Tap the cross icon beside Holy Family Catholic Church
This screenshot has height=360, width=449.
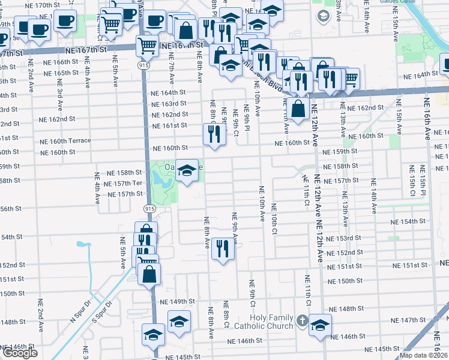click(x=302, y=321)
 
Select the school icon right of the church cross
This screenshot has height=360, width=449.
click(x=320, y=325)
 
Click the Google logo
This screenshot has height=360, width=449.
click(x=20, y=353)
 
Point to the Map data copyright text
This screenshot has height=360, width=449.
click(x=424, y=355)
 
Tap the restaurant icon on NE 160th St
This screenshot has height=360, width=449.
click(x=215, y=135)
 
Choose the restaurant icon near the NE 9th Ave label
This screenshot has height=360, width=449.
click(x=223, y=249)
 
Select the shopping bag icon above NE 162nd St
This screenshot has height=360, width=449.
click(x=298, y=109)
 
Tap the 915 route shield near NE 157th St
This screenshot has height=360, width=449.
click(x=148, y=207)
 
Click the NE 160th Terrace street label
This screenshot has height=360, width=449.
click(x=65, y=142)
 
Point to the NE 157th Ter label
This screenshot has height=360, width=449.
click(x=124, y=183)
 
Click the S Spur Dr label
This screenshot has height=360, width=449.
click(x=103, y=310)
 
